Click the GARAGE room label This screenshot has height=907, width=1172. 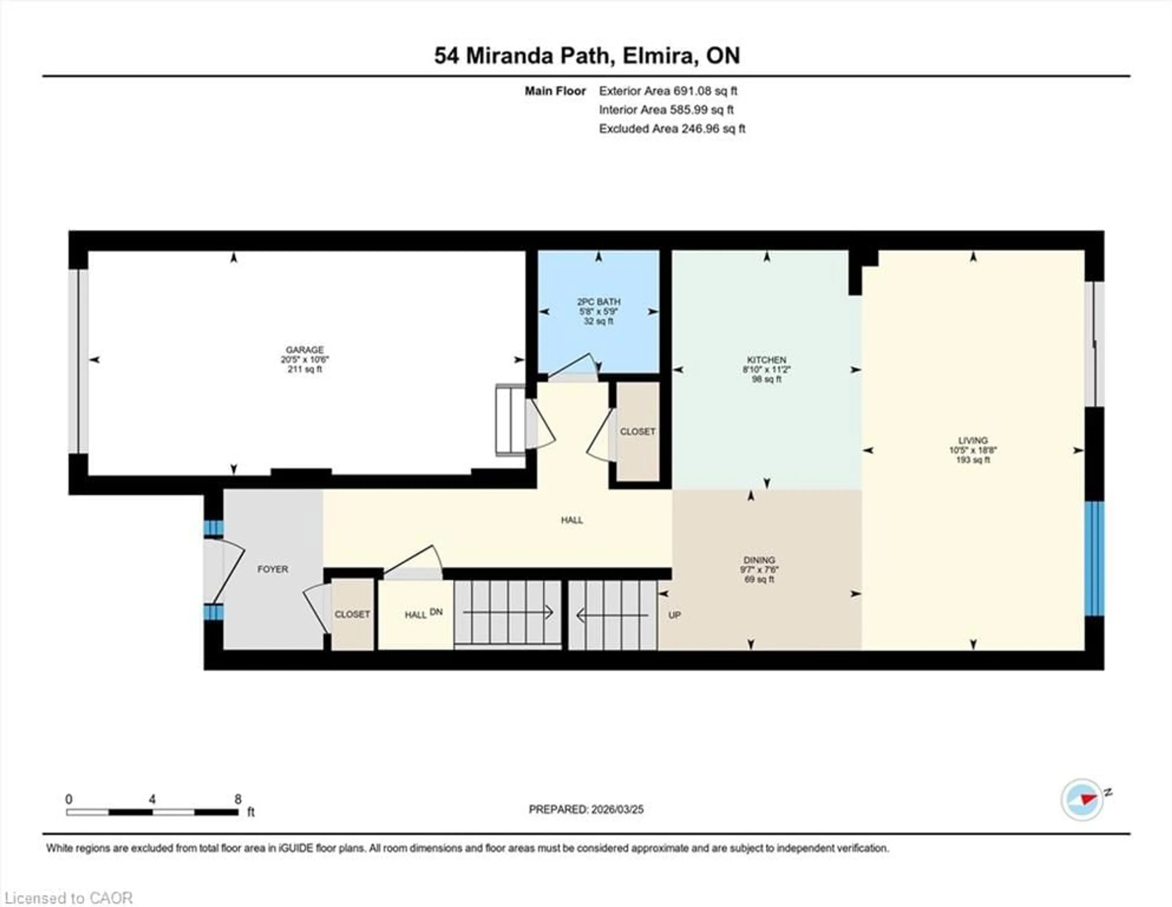tap(304, 350)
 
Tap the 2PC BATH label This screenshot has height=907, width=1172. tap(598, 302)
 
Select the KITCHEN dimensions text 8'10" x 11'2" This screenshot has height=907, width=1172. tap(766, 370)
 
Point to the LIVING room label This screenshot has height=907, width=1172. tap(972, 440)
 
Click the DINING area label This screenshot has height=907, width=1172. tap(759, 560)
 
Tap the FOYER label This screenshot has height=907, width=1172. tap(273, 569)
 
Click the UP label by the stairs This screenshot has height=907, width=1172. tap(675, 615)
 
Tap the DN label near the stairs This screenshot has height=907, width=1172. tap(436, 612)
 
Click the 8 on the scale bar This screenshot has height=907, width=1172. tap(238, 799)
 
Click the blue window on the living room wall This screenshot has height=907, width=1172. tap(1094, 559)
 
